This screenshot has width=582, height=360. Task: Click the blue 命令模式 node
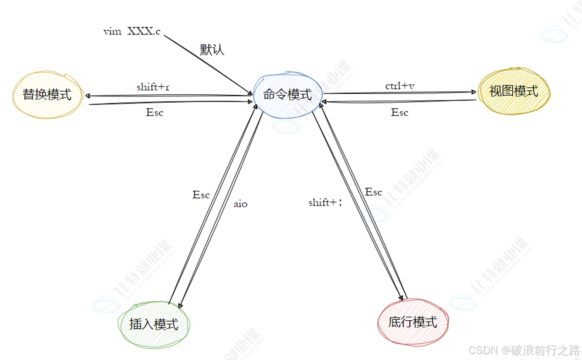point(287,95)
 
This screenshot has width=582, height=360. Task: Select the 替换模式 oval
point(47,95)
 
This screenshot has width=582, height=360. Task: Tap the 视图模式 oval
point(514,91)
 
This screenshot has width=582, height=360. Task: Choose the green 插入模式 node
point(154,324)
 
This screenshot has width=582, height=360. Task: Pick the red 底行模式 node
point(412,322)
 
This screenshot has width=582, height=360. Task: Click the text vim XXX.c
point(132,32)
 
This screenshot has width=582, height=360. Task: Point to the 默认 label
point(212,50)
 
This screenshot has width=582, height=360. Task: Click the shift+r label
point(153,87)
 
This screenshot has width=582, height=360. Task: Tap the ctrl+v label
point(400,85)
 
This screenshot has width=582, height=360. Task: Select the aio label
point(240,204)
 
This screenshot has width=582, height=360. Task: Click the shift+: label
point(325,202)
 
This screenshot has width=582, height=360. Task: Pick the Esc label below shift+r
point(155,113)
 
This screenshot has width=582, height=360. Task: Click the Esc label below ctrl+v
point(400,113)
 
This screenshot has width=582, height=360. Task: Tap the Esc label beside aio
point(201,195)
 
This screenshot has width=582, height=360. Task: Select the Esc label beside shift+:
point(374,192)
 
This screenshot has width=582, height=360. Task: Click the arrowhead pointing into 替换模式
point(88,96)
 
